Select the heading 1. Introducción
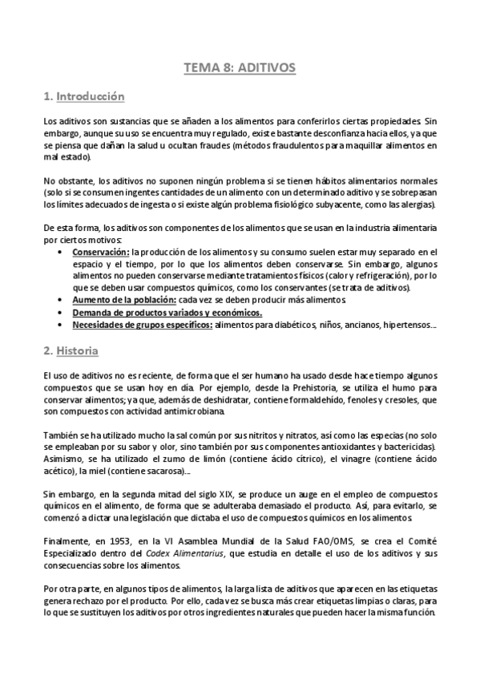point(84,97)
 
